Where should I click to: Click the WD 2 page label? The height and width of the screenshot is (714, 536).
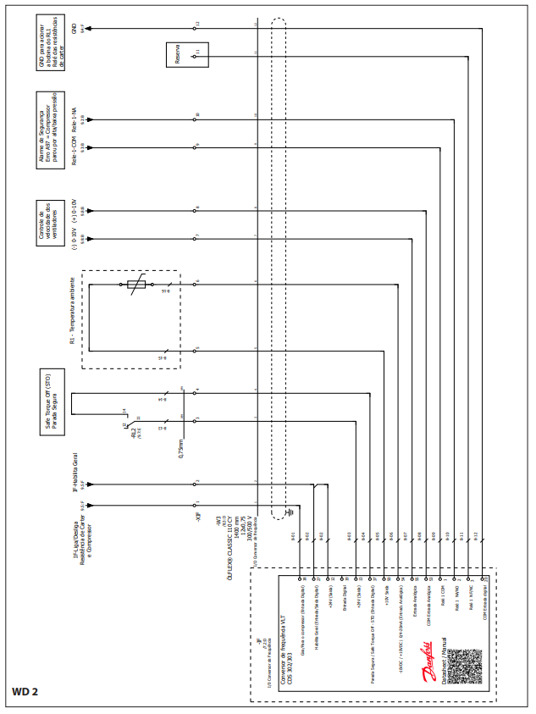25,691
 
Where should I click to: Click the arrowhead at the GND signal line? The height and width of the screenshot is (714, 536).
88,28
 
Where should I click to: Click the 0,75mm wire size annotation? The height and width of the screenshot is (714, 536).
181,446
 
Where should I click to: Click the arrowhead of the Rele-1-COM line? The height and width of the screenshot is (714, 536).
88,146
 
